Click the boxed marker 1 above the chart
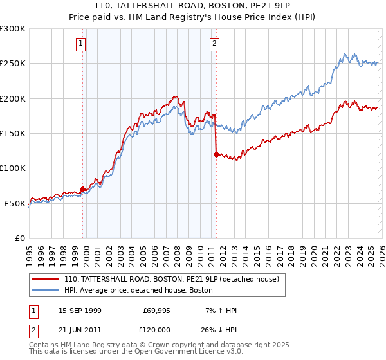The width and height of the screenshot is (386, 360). coord(80,44)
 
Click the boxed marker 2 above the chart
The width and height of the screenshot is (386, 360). coord(214,44)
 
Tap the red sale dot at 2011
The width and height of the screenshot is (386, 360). coord(216,154)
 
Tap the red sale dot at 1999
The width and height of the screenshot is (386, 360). coord(82,189)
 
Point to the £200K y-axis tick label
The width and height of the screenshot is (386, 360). coord(14,98)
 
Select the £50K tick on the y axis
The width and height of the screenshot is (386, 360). coord(16,203)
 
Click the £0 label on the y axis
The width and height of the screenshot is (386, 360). coord(21,238)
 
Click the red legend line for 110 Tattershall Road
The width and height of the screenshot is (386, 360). coord(46,280)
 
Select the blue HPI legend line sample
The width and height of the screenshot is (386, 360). coord(46,291)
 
